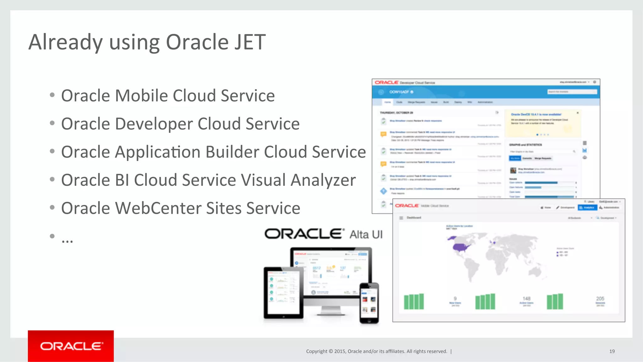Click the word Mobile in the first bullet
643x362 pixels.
(141, 96)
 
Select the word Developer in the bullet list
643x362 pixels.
(154, 124)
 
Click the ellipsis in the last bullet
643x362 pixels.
(67, 240)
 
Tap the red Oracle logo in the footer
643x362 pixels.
(71, 346)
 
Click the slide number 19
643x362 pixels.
(612, 351)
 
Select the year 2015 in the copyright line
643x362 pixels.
(340, 351)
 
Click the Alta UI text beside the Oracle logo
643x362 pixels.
(366, 235)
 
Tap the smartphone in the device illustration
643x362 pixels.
(369, 303)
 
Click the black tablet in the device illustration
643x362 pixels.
(283, 292)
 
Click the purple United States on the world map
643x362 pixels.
(461, 247)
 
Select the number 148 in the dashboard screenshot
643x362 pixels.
(527, 299)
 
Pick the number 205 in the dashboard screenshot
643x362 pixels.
(600, 299)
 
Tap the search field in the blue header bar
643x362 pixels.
(572, 92)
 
